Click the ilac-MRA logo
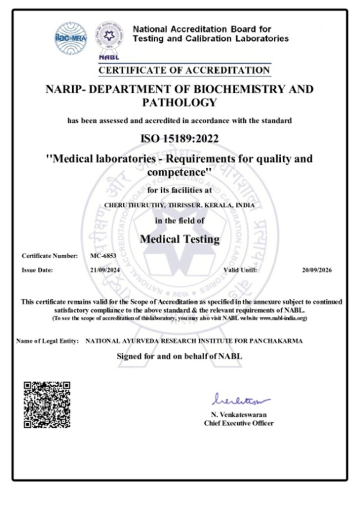pyautogui.click(x=71, y=36)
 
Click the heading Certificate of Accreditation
pyautogui.click(x=184, y=70)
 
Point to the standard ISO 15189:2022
pyautogui.click(x=180, y=139)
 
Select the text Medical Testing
pyautogui.click(x=180, y=239)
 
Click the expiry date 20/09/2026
pyautogui.click(x=317, y=270)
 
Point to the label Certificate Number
pyautogui.click(x=50, y=256)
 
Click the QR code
pyautogui.click(x=47, y=404)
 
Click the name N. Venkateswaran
pyautogui.click(x=239, y=415)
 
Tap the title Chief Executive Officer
pyautogui.click(x=239, y=423)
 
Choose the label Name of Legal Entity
pyautogui.click(x=47, y=341)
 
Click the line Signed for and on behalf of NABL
pyautogui.click(x=180, y=356)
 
